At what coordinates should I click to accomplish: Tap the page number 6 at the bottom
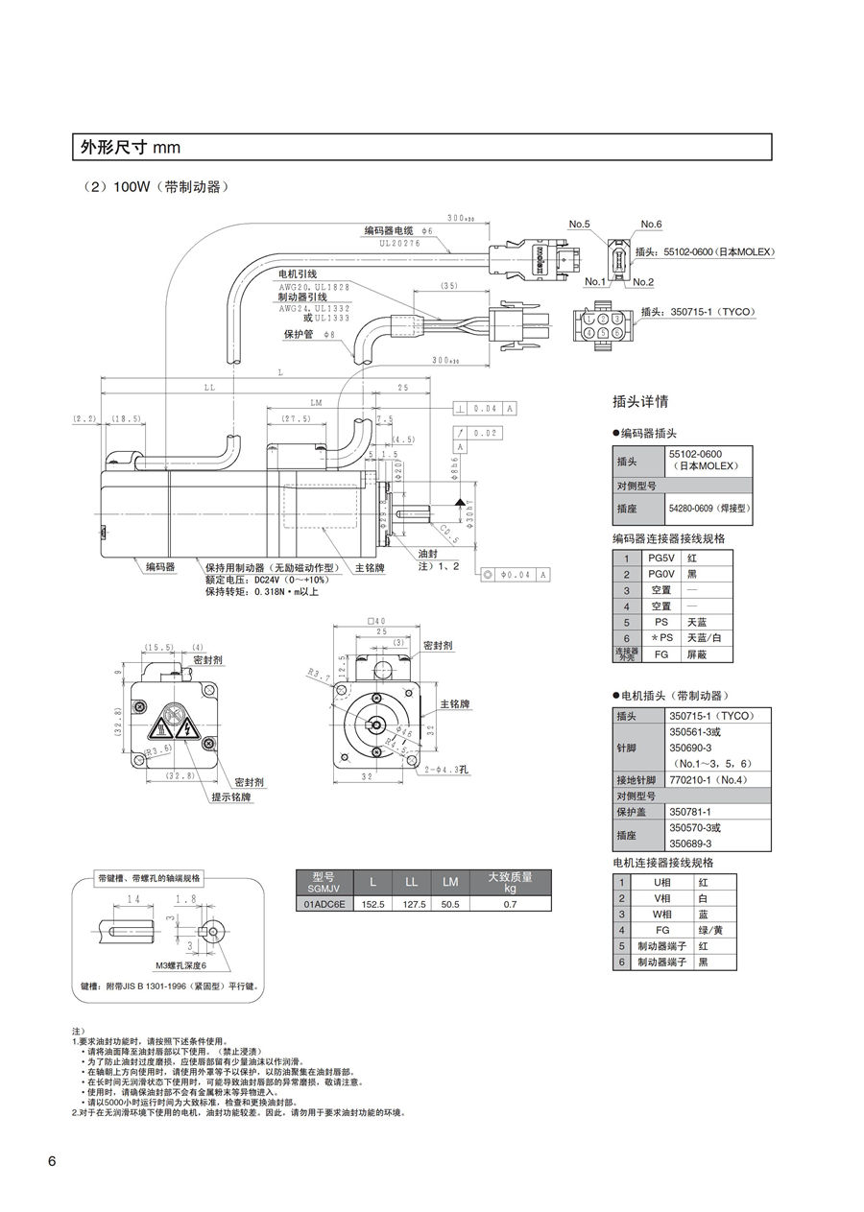52,1161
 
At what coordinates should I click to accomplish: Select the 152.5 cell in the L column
372,903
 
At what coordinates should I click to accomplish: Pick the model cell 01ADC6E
325,903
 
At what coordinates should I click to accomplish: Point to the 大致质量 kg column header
510,882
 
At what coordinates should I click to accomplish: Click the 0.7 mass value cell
510,903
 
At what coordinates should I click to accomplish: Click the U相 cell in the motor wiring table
661,881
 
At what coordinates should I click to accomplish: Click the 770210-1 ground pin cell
708,779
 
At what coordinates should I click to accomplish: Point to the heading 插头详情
640,401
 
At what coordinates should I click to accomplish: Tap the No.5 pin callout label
579,225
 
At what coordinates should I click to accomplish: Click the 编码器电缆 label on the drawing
388,231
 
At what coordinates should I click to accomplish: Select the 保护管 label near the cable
299,334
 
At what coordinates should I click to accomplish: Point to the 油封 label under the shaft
428,554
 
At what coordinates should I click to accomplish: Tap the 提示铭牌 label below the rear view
231,796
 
